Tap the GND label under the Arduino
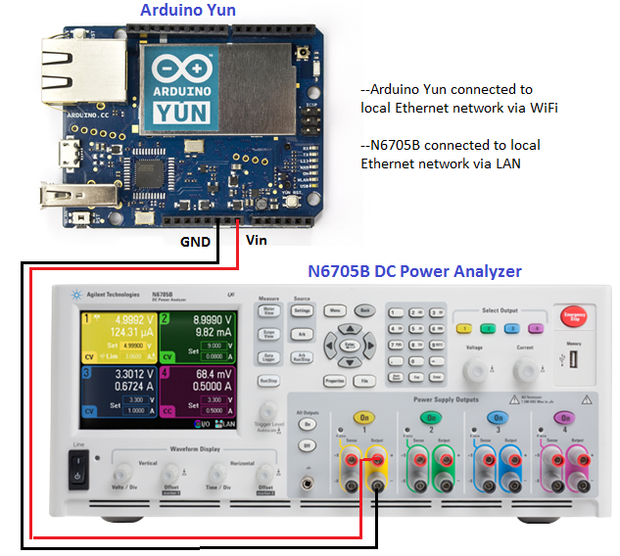pyautogui.click(x=196, y=241)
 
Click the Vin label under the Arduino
pyautogui.click(x=256, y=239)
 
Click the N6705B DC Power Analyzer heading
pyautogui.click(x=415, y=271)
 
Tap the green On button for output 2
pyautogui.click(x=427, y=416)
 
